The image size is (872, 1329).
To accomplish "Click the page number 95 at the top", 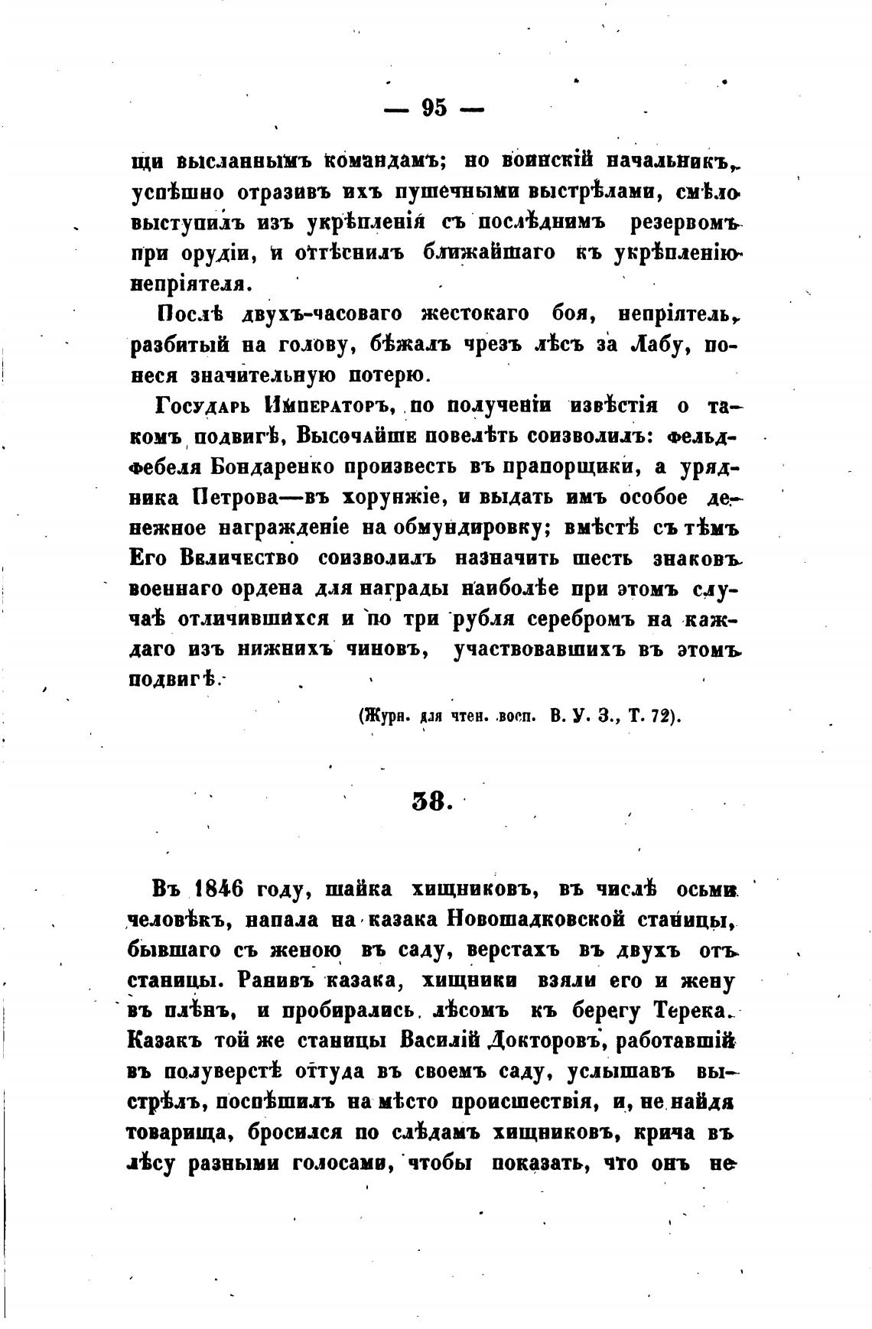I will pyautogui.click(x=434, y=108).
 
